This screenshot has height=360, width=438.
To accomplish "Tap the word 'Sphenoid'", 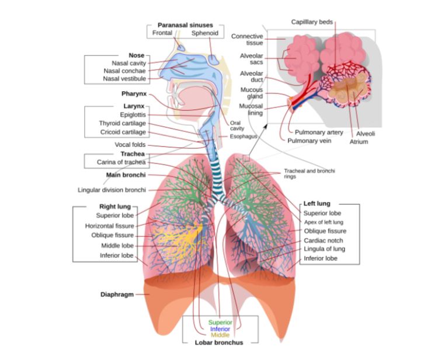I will click(205, 33).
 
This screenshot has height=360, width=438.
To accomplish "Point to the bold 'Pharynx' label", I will click(133, 93).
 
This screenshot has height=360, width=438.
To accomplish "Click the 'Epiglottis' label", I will click(133, 115).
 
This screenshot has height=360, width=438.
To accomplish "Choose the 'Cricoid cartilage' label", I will click(123, 132).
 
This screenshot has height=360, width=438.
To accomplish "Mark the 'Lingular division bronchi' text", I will click(112, 190).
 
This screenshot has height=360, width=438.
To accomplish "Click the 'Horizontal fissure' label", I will click(109, 226).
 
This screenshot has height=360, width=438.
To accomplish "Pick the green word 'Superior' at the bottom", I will click(220, 323).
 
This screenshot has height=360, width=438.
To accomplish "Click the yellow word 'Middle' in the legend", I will click(220, 335).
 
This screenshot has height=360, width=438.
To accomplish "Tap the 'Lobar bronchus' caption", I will click(218, 342).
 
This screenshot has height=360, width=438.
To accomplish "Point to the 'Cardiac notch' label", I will click(324, 240).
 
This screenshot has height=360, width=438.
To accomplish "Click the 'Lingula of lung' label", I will click(324, 249).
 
